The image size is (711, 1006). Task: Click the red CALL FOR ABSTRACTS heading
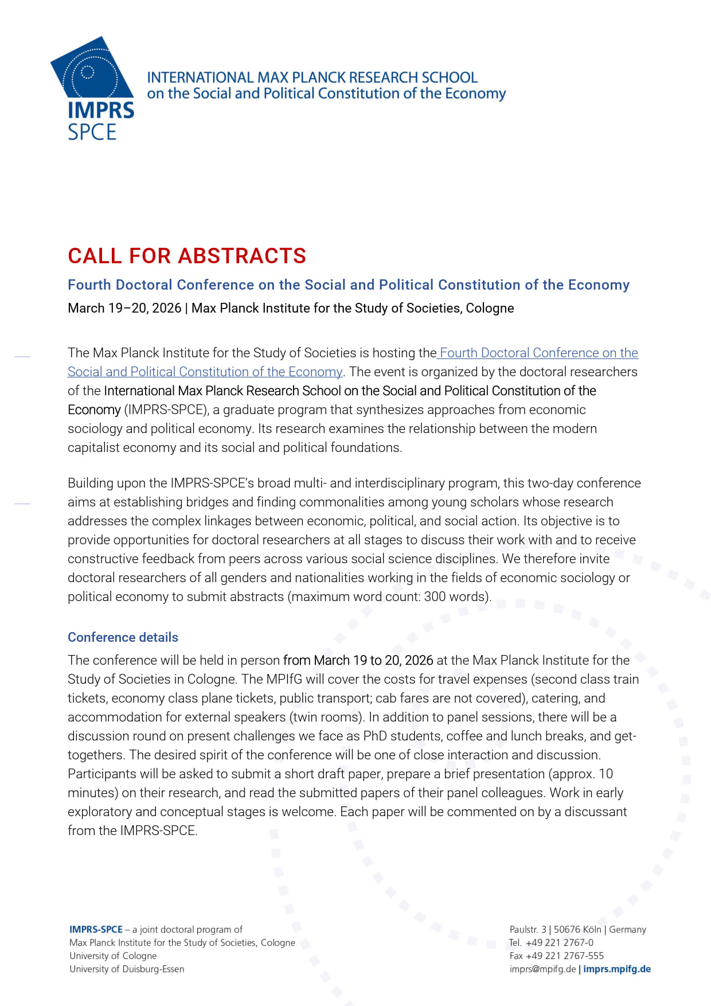[187, 256]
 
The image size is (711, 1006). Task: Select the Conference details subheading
[123, 637]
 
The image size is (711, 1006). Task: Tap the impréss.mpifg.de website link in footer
[617, 969]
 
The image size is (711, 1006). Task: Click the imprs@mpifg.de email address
[542, 969]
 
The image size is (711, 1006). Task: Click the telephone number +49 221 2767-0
[559, 942]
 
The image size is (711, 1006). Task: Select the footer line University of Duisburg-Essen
[127, 969]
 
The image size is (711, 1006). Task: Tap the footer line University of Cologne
[113, 956]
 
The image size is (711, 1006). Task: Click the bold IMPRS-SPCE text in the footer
[96, 929]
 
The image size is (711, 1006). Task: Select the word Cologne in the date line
[490, 308]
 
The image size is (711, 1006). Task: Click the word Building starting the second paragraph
[91, 483]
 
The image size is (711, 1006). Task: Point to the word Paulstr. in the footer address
[524, 929]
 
